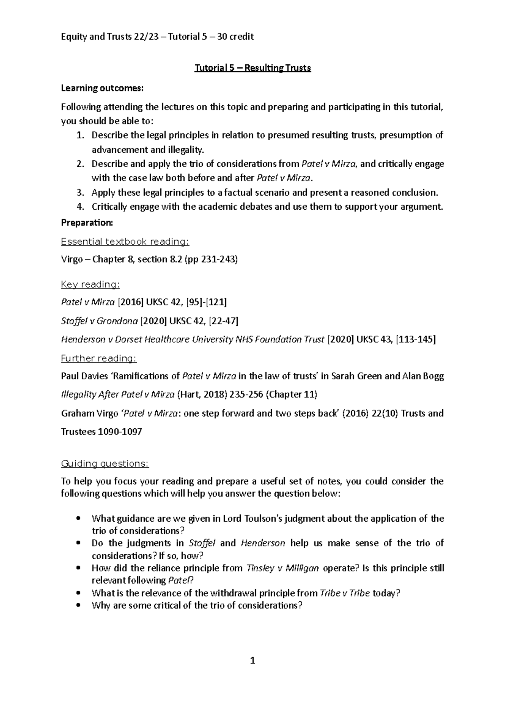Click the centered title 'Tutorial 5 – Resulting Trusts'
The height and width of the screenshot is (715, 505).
(x=252, y=68)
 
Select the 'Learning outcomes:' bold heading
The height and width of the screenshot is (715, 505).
(x=102, y=88)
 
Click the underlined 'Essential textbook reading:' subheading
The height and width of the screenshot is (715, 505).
(x=125, y=242)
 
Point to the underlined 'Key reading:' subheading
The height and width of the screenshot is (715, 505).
(x=90, y=285)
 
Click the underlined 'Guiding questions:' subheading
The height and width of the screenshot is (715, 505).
(x=105, y=464)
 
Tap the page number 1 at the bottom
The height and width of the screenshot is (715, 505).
(x=252, y=661)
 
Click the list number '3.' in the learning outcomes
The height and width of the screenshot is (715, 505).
(x=80, y=193)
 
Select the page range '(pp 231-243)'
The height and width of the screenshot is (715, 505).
(x=211, y=259)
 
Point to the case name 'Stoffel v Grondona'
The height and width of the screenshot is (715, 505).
(x=99, y=321)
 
